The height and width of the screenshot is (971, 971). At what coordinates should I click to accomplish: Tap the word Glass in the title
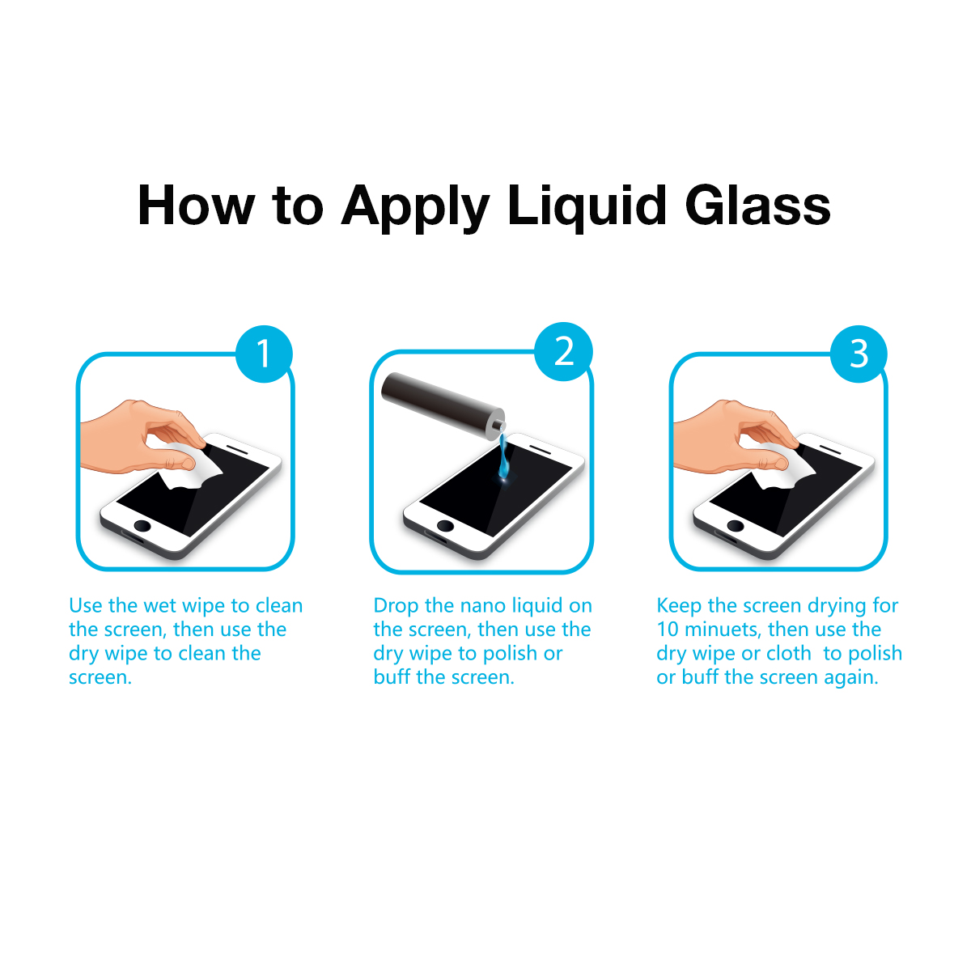coord(757,206)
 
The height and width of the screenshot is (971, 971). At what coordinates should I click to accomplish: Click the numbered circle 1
coord(264,354)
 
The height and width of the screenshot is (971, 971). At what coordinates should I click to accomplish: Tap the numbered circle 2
coord(563,351)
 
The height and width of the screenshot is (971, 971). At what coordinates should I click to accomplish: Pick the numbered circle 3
coord(859,354)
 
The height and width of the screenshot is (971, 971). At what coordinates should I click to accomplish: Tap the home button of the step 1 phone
coord(142,526)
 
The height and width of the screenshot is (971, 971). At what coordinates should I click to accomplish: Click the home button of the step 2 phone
coord(445,526)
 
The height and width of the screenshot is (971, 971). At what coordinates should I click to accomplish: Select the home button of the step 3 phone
coord(736,526)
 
